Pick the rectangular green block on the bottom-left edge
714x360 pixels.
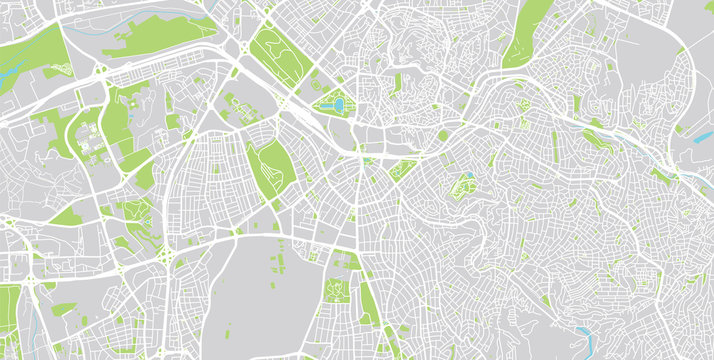(9, 320)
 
